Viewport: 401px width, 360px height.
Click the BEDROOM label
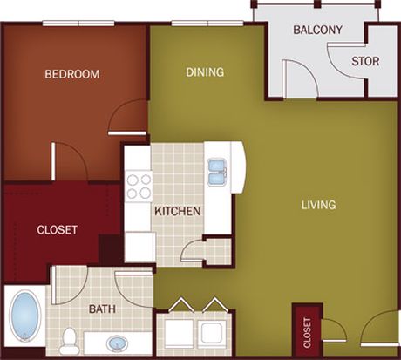click(x=72, y=74)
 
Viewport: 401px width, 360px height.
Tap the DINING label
click(x=205, y=72)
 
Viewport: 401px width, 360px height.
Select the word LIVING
click(x=318, y=205)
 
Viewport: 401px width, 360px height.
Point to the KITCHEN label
click(x=178, y=211)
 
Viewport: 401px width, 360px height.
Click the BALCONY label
click(x=317, y=30)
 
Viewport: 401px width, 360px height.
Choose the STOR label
click(x=365, y=61)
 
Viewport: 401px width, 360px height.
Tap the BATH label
click(x=102, y=309)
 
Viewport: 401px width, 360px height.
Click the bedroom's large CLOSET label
click(x=57, y=230)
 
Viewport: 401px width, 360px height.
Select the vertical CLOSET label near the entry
click(x=307, y=333)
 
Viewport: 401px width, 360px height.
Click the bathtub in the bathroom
click(x=24, y=316)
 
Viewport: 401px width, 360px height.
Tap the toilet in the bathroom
click(x=70, y=341)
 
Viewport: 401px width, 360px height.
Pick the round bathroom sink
click(x=118, y=344)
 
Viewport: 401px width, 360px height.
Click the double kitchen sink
click(x=217, y=173)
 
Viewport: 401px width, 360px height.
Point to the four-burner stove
click(x=139, y=187)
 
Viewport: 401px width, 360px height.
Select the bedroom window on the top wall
click(x=78, y=24)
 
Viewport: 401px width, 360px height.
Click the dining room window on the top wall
click(x=207, y=24)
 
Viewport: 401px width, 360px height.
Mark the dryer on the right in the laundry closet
click(x=212, y=333)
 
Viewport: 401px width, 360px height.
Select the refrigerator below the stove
click(x=139, y=247)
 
